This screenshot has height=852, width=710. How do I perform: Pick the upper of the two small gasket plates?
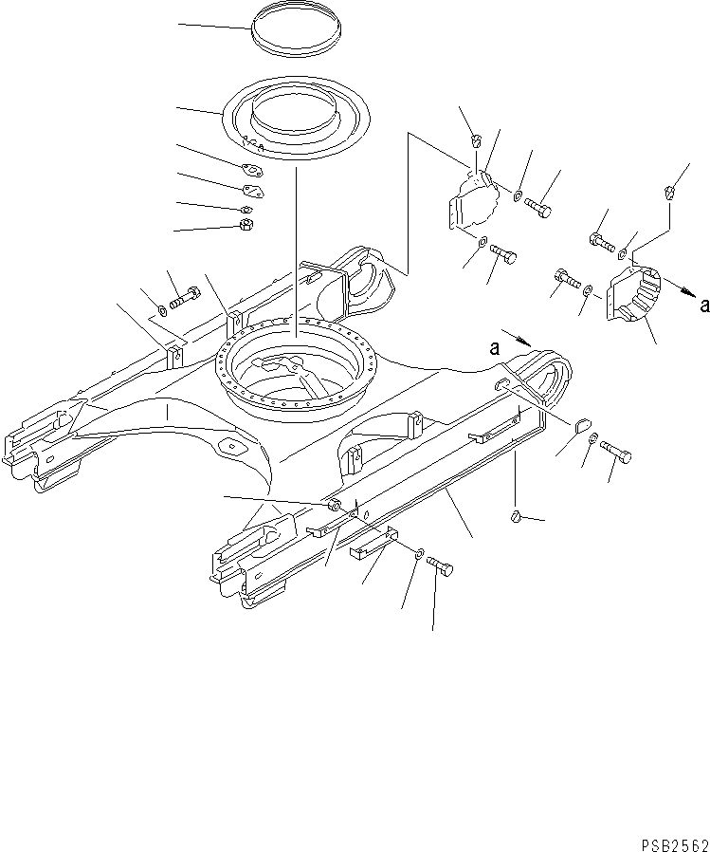(x=250, y=172)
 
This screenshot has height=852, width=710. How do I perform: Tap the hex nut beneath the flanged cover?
(x=244, y=225)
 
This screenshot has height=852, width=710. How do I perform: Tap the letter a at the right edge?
(x=702, y=305)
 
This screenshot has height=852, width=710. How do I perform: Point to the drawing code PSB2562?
(x=672, y=840)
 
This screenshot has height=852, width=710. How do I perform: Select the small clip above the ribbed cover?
(x=670, y=194)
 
